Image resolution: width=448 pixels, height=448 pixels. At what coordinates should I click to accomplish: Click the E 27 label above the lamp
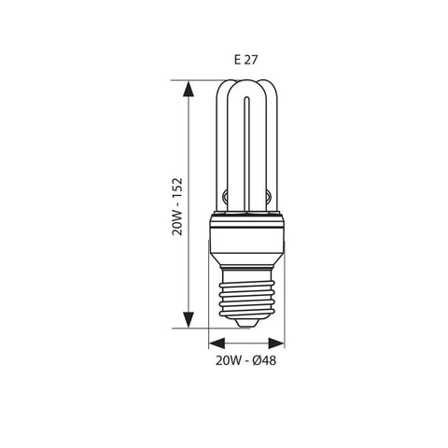[x=245, y=59]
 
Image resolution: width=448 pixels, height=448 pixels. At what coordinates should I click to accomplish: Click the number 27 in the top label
[x=250, y=59]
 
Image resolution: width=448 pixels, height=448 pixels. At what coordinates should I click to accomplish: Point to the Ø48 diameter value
[x=266, y=358]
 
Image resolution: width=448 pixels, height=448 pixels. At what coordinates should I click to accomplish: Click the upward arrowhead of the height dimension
[x=190, y=89]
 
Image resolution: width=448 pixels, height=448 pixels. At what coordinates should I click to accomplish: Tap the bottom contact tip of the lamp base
[x=246, y=323]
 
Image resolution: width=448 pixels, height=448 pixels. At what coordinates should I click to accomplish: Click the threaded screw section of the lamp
[x=246, y=294]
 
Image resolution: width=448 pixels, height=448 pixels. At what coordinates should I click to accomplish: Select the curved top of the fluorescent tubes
[x=246, y=90]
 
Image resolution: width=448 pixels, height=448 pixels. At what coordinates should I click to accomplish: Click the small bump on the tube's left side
[x=225, y=197]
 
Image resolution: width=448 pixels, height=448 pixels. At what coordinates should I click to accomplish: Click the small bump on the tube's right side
[x=268, y=197]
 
